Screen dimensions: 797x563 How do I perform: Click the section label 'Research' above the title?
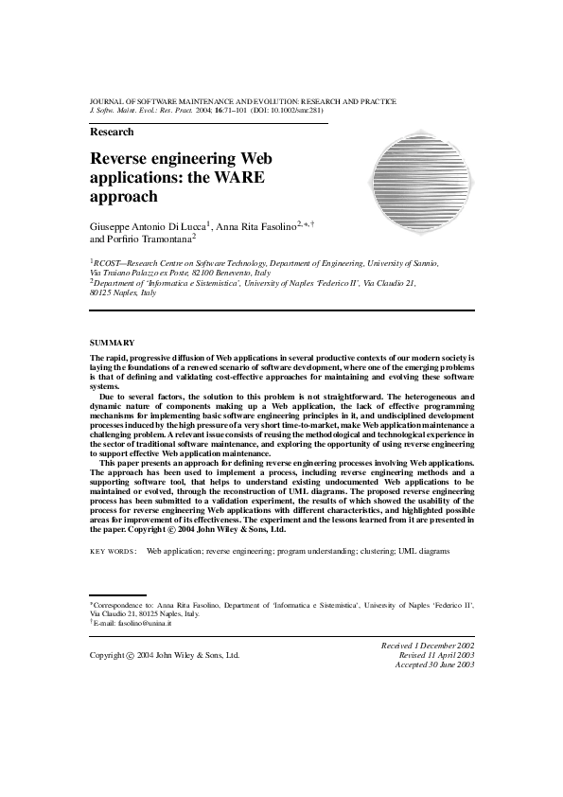coord(112,133)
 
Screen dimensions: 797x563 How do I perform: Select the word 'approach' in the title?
coord(123,197)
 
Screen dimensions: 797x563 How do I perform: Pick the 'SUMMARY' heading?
coord(112,342)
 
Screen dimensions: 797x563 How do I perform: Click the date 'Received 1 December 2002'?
coord(427,644)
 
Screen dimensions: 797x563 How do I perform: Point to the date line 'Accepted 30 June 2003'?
coord(434,664)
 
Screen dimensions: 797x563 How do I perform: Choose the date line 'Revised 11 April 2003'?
coord(436,654)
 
